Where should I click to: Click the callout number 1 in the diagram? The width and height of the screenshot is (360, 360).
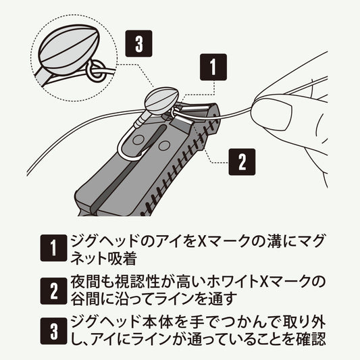click(x=213, y=67)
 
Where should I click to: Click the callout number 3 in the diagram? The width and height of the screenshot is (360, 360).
click(x=138, y=45)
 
